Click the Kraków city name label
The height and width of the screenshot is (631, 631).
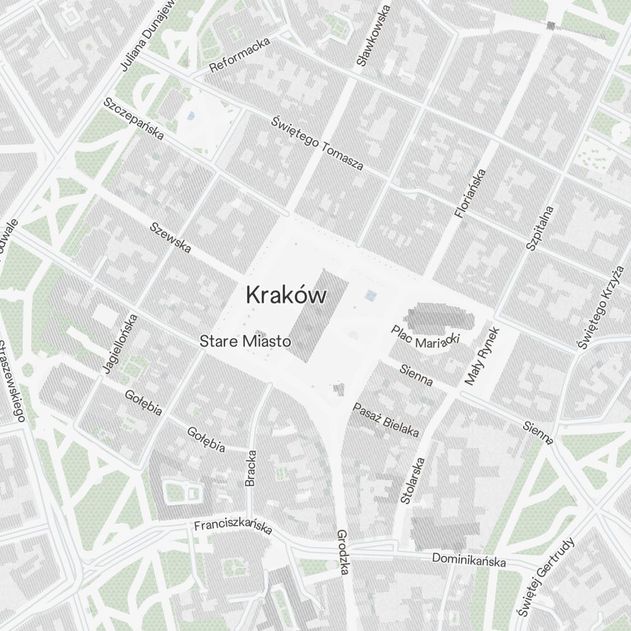click(x=286, y=295)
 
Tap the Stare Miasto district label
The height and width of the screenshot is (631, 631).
click(x=245, y=341)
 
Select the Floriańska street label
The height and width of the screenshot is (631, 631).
click(x=471, y=193)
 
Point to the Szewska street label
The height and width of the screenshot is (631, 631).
click(x=170, y=237)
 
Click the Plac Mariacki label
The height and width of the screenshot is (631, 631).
click(x=425, y=335)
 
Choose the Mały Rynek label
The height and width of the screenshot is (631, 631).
click(x=482, y=356)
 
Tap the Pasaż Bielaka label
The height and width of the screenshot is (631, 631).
click(x=386, y=420)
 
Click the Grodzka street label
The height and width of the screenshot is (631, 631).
click(x=343, y=551)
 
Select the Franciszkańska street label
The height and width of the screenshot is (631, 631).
click(x=233, y=526)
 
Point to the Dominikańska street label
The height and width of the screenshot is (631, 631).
click(x=468, y=560)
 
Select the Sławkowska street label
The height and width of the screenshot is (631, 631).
click(x=374, y=34)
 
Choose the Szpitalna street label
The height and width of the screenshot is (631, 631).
click(x=540, y=228)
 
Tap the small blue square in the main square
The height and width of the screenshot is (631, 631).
click(x=371, y=295)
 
